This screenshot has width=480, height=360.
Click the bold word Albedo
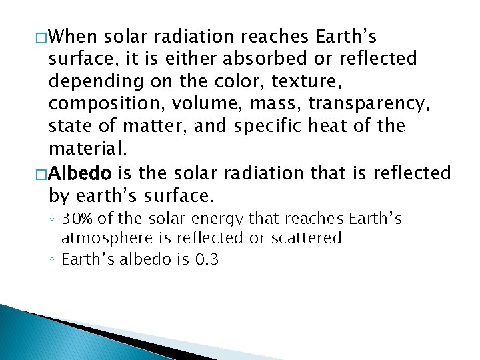coord(81,173)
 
